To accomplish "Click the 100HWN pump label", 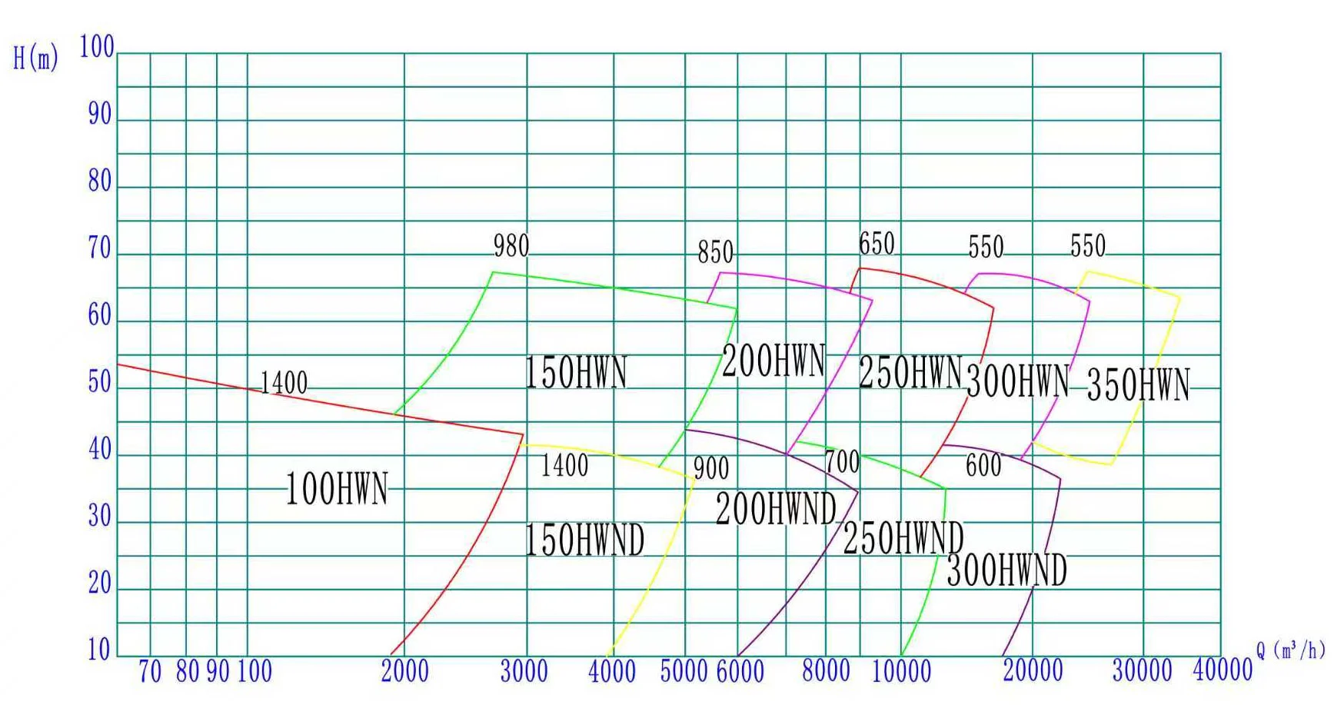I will tap(337, 490).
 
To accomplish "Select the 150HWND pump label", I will tap(584, 540).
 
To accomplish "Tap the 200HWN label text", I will tap(773, 361).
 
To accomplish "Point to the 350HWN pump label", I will tap(1138, 385).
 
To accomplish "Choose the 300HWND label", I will tap(1006, 570).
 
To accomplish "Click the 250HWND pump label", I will tap(903, 538).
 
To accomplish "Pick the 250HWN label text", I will tap(910, 373).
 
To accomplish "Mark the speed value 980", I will tap(511, 247).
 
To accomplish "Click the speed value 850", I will tap(715, 252).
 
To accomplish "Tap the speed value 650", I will tap(877, 244).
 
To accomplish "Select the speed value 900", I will tap(711, 468).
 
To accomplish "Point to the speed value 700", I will tap(842, 462).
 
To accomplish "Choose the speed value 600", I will tap(983, 465).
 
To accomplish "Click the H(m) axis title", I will tap(35, 58).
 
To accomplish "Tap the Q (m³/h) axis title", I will tap(1291, 650).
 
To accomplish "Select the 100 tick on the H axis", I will tap(97, 47).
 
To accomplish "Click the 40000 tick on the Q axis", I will tap(1223, 671).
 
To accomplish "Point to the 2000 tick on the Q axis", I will tap(404, 672).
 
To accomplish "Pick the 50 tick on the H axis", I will tap(100, 382).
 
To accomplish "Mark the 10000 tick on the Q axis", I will tap(901, 672).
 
